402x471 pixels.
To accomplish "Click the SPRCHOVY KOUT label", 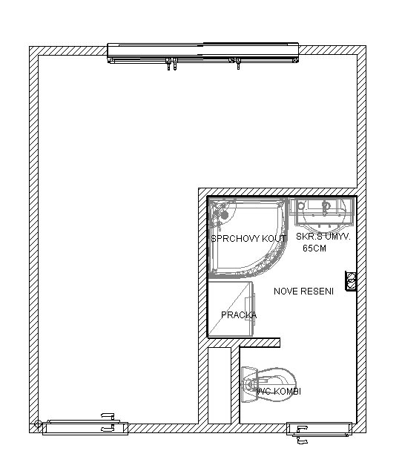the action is tap(248, 239).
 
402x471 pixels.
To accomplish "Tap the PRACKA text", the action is tap(239, 315).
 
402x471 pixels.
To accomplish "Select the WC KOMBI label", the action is tap(279, 392).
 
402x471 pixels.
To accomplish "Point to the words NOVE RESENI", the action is tap(304, 292).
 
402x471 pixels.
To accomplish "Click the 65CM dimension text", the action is tap(314, 248).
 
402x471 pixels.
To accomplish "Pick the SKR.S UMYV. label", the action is tap(323, 237).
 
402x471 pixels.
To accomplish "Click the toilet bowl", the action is tap(281, 385).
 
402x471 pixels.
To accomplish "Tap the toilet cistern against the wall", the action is tap(249, 385).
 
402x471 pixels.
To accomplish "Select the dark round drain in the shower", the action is tap(225, 215).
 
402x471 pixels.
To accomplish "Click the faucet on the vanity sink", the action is tap(326, 207).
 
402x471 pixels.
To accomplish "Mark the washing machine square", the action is tap(231, 309).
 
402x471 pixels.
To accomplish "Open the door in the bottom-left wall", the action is tap(85, 427).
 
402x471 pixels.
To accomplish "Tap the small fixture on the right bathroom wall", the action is tap(351, 281).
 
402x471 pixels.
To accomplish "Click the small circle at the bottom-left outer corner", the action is tap(38, 424).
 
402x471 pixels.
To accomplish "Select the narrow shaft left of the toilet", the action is tap(220, 386).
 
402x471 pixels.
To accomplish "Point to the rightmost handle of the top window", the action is tap(238, 64).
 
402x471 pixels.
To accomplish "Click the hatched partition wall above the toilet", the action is tap(244, 343).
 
